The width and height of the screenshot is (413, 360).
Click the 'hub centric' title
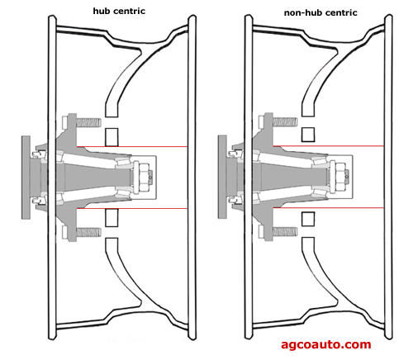119,11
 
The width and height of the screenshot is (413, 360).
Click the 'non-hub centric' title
320,12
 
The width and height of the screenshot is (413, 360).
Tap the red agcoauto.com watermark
326,344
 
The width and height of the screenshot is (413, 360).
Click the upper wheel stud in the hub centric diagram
88,122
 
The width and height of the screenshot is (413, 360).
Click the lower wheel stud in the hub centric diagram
88,232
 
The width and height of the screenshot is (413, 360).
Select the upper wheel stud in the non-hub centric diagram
285,122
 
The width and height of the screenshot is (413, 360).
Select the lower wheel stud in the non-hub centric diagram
285,231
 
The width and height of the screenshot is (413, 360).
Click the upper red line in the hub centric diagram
132,147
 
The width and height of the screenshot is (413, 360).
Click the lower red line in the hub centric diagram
132,208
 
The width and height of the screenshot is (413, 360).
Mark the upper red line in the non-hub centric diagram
329,146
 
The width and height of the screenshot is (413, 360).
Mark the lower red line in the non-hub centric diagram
329,207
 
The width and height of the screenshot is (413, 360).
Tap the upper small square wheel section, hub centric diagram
112,137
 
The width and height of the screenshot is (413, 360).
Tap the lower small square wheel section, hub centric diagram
112,218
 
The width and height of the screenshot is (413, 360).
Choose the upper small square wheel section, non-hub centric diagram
308,135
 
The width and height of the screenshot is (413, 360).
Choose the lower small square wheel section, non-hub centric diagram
308,219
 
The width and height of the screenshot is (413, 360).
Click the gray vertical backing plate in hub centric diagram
26,178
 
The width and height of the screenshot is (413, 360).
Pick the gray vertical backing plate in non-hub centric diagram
222,177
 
